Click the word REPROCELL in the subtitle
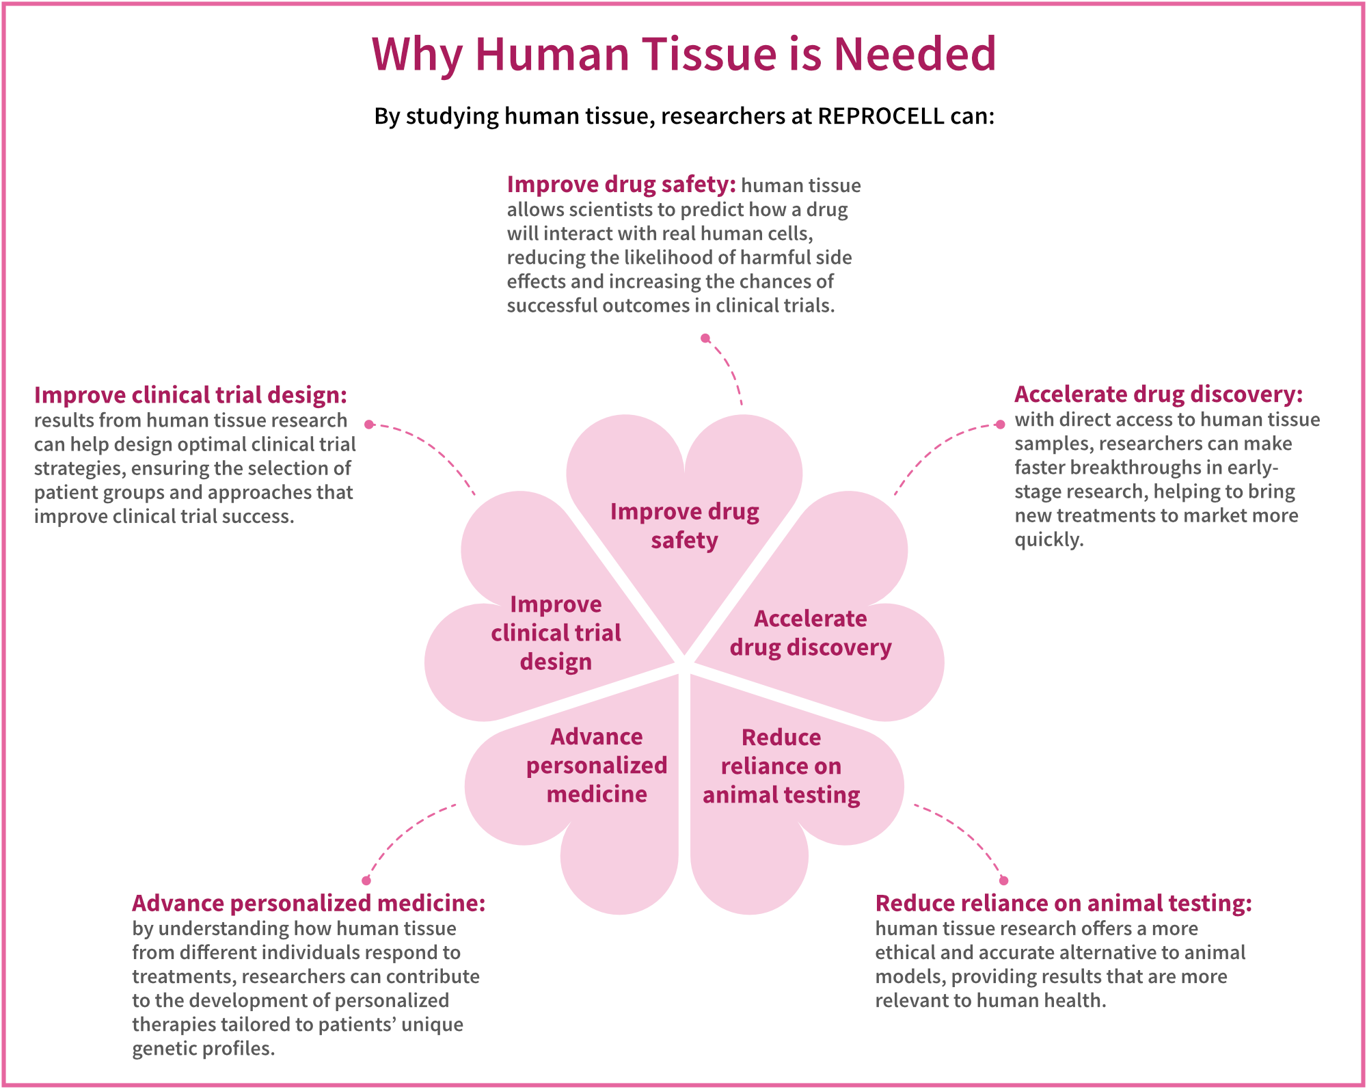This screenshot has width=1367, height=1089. click(880, 116)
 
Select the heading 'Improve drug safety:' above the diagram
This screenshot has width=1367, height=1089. click(621, 185)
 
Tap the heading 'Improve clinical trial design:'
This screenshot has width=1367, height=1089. click(191, 395)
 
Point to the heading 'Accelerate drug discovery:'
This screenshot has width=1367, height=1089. click(1159, 394)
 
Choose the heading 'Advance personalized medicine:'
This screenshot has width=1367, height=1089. click(308, 903)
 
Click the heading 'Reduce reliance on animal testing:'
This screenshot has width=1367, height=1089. click(1064, 903)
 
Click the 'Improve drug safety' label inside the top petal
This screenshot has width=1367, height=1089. click(684, 526)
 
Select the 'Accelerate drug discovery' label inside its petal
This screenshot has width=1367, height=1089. click(811, 633)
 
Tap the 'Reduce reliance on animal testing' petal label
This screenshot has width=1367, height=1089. click(781, 766)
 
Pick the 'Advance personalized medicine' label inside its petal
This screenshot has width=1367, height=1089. click(597, 766)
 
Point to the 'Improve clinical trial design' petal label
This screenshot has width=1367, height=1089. click(556, 633)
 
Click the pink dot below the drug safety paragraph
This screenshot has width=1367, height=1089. click(705, 338)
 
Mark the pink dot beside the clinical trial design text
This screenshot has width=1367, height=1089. click(369, 425)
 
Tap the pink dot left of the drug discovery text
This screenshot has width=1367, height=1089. click(1000, 425)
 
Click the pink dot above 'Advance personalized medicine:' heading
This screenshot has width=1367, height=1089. click(366, 880)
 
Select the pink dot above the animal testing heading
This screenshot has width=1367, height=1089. click(1003, 880)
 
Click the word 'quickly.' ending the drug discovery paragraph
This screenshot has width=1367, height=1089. click(1048, 540)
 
